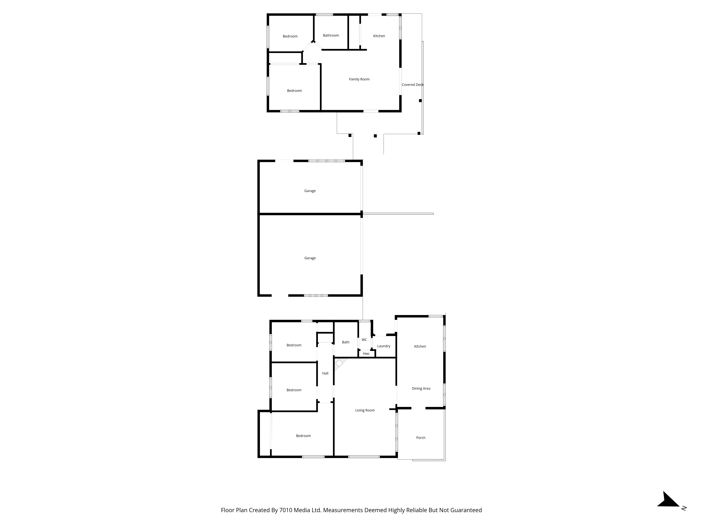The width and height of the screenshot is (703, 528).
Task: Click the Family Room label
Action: (359, 79)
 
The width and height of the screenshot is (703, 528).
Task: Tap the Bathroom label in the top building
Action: (331, 35)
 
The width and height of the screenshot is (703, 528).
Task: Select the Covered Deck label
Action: (412, 85)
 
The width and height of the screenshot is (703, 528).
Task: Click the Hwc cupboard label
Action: (366, 354)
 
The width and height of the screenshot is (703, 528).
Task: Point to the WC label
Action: (364, 340)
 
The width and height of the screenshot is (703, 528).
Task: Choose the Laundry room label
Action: (384, 346)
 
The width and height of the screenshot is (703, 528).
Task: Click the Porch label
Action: (421, 438)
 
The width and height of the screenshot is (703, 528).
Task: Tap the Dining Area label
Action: (421, 388)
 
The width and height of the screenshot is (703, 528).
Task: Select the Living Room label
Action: (365, 410)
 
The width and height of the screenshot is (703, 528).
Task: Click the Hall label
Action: (325, 373)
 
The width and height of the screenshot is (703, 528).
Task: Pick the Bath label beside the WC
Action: (346, 342)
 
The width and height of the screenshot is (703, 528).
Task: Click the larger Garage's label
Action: (310, 258)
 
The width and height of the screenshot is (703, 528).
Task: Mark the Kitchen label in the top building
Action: (379, 36)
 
